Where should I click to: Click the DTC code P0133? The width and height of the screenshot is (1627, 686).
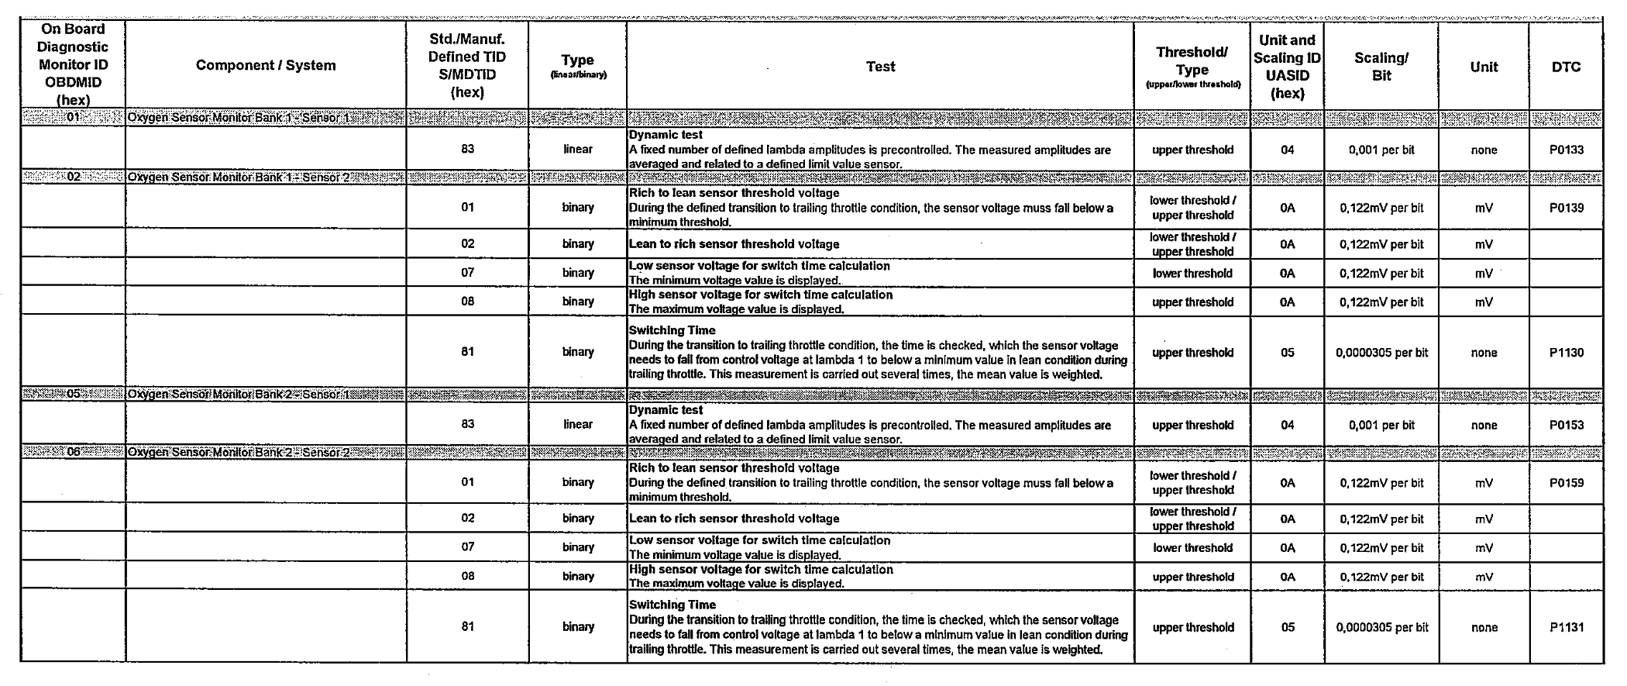pos(1566,150)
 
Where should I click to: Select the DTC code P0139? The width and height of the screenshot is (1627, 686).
pos(1566,208)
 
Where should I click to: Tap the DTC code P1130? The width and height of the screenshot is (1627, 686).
pos(1566,353)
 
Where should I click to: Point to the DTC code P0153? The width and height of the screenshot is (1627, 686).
pos(1566,425)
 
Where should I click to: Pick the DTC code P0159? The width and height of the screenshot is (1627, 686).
pos(1566,483)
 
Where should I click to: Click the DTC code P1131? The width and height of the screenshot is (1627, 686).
pos(1566,628)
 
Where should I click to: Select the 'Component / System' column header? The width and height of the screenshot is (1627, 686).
pos(266,65)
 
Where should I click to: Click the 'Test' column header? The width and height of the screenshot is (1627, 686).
pos(880,67)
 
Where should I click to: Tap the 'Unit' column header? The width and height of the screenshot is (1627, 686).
pos(1484,67)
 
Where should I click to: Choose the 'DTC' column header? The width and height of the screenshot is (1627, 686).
pos(1566,67)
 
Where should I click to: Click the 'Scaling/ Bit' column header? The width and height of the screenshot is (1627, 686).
pos(1381,67)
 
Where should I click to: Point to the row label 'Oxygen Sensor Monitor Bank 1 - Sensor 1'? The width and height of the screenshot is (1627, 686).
pos(239,119)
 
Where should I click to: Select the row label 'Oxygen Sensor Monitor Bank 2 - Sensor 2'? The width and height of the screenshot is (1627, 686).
pos(239,453)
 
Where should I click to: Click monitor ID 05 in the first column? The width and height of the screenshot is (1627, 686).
pos(74,394)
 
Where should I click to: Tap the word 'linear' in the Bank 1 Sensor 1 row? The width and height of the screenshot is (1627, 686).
pos(578,150)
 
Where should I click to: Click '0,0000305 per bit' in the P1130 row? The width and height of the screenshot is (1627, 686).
pos(1381,353)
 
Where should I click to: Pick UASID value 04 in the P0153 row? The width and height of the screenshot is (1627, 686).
pos(1287,425)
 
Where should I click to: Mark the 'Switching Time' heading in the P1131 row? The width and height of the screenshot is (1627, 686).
pos(672,605)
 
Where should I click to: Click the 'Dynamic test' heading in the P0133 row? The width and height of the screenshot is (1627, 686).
pos(666,135)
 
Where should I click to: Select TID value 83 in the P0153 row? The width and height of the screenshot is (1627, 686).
pos(467,424)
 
